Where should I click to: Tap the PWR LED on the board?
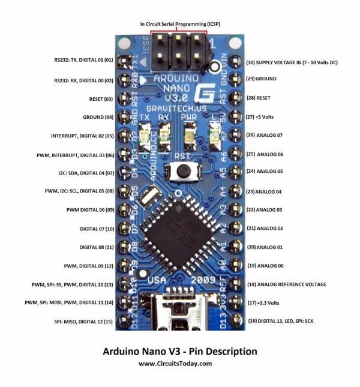(190, 136)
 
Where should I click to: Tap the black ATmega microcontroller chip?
(179, 232)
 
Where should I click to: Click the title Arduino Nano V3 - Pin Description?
(180, 351)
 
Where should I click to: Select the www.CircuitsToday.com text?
(175, 364)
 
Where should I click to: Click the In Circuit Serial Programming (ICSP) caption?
(180, 24)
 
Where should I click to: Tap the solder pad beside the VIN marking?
(235, 61)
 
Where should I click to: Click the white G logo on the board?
(205, 93)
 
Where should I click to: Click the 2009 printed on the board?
(203, 280)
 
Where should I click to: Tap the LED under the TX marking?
(145, 137)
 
